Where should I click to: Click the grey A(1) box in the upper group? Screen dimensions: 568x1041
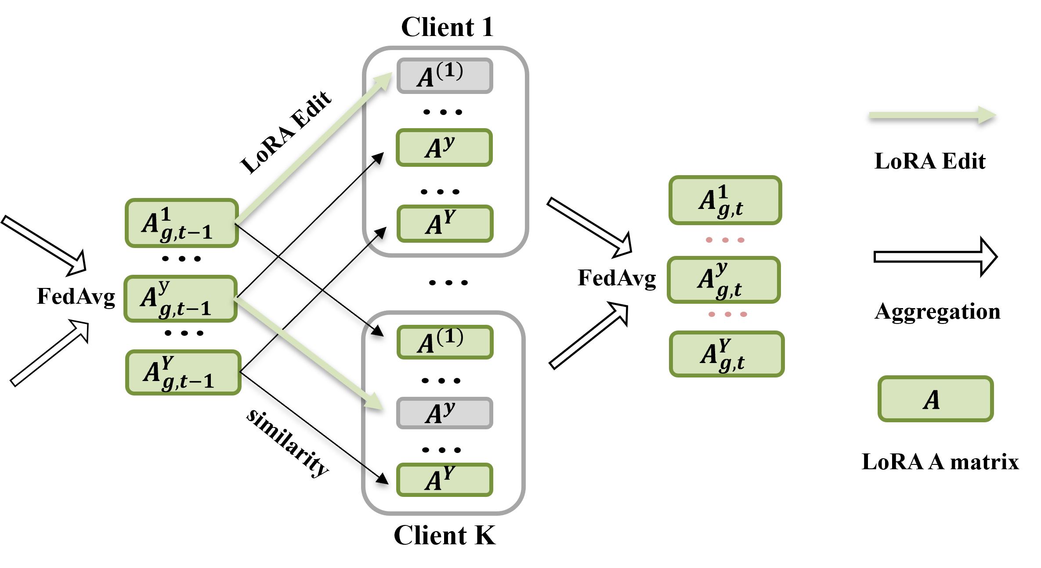click(445, 75)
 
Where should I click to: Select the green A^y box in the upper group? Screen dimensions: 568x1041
click(444, 147)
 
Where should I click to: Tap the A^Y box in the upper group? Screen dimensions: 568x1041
click(445, 223)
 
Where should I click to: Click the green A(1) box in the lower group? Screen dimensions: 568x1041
click(445, 342)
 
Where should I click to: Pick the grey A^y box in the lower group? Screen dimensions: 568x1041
click(445, 413)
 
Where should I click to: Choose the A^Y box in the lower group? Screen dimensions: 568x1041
click(445, 479)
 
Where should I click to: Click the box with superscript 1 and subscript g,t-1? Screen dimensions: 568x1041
click(182, 223)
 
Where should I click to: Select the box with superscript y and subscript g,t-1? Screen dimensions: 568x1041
click(181, 298)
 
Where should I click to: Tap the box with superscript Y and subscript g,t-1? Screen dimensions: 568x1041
click(183, 372)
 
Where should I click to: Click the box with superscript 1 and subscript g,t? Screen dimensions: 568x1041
click(725, 200)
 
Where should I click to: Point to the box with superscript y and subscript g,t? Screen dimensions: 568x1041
click(723, 280)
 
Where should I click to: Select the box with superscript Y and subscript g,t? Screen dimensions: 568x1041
click(727, 354)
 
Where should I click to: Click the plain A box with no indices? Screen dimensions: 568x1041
click(935, 399)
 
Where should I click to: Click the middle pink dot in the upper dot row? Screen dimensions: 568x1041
click(725, 240)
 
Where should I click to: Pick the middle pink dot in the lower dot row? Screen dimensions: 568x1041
click(728, 314)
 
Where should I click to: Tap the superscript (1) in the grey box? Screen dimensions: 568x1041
click(450, 70)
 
